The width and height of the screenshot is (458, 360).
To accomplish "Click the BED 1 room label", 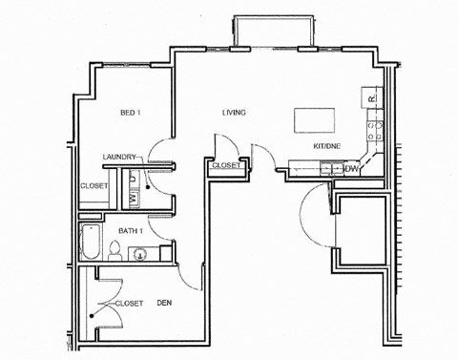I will pos(130,114).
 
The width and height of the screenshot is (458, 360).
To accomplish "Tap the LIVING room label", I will pos(234,114).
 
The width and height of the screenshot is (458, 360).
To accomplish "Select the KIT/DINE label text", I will pos(327,146).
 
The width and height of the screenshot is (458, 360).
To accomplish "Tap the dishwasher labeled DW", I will pos(352,169).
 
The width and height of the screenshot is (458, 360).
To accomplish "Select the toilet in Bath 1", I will pos(114,251).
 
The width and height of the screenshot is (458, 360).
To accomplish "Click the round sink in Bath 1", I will pos(139,253).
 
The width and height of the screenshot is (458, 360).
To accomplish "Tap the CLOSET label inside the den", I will pos(129,303).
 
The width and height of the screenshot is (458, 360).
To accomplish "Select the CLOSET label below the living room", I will pos(226,165).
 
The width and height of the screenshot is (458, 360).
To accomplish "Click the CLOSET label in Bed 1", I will pos(94,186).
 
